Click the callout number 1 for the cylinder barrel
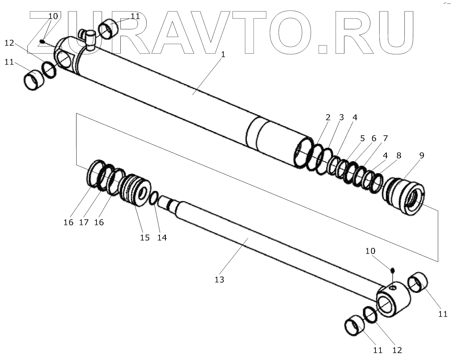[x=223, y=55]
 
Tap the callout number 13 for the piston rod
[x=219, y=279]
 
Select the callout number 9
[x=422, y=155]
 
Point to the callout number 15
[x=145, y=237]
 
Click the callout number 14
[x=162, y=237]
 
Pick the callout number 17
[x=84, y=222]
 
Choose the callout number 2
[x=328, y=117]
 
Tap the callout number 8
[x=399, y=155]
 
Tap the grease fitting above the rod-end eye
[x=392, y=270]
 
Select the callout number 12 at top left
[x=9, y=43]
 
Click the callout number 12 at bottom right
[x=397, y=350]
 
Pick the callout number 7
[x=385, y=138]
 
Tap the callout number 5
[x=362, y=138]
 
